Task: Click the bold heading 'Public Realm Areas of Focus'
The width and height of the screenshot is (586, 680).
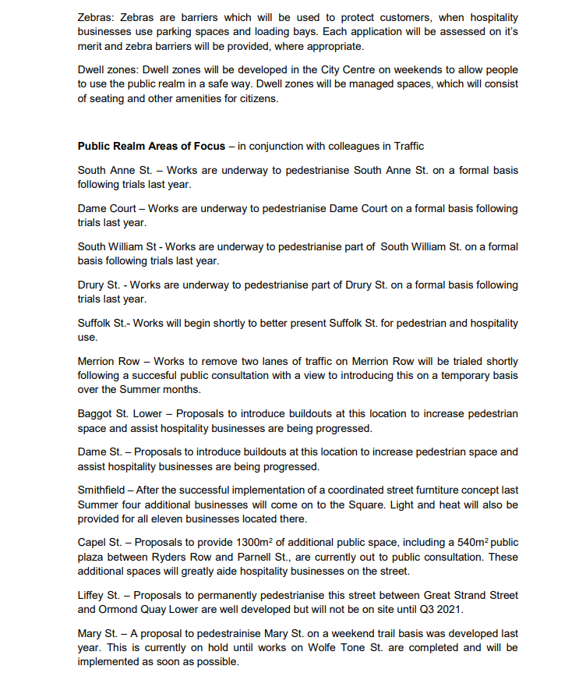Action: pyautogui.click(x=151, y=146)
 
